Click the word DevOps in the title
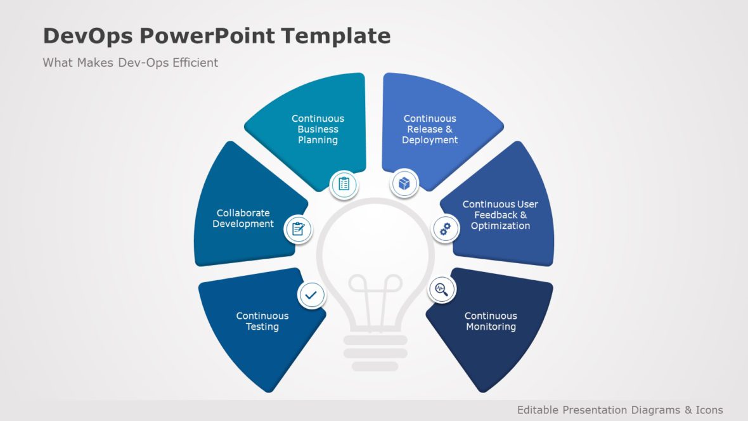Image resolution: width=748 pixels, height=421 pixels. pos(86,36)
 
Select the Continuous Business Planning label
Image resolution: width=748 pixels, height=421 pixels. pos(318,129)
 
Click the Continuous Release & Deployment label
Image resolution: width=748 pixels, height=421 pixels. pos(430,129)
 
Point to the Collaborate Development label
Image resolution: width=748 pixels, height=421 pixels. pos(243,219)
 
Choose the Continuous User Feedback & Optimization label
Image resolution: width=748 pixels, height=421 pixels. pos(500,215)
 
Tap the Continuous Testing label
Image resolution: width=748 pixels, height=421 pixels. pos(262,321)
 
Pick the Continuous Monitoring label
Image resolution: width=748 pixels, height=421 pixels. pos(491,321)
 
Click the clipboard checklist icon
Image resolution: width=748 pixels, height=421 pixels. pos(344,184)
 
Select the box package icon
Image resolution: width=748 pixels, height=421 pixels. pos(404,184)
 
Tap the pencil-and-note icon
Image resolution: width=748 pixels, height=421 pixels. pos(298,229)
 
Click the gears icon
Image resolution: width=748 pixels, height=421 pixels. pos(446,229)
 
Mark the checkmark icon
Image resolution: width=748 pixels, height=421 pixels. pos(312,295)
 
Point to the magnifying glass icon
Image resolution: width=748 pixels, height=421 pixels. pos(442,290)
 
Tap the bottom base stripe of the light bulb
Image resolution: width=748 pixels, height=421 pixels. pos(375,366)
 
